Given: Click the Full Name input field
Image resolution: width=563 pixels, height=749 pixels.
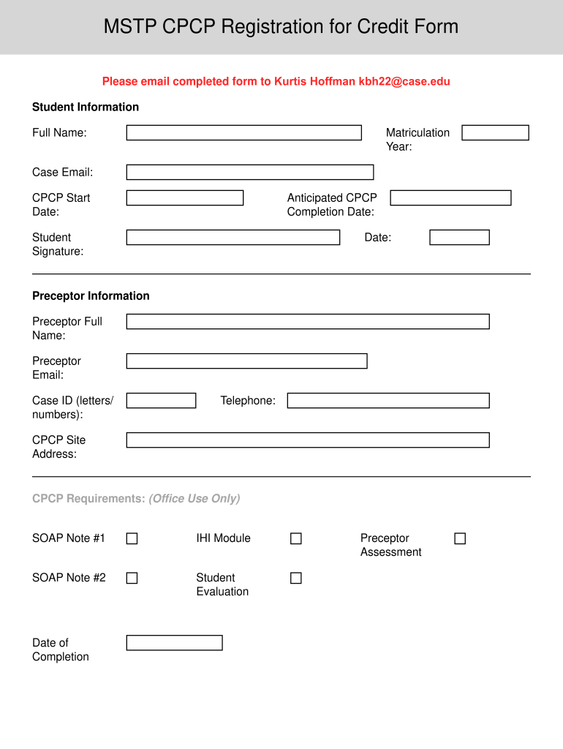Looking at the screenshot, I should point(243,132).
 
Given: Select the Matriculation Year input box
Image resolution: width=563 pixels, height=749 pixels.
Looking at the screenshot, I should point(495,132).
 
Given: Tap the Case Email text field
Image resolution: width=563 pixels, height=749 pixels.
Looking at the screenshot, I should point(249,172).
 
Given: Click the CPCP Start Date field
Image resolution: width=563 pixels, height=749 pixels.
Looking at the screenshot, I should point(184,197).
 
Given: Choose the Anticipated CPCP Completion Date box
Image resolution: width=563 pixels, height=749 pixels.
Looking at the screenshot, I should point(450,197).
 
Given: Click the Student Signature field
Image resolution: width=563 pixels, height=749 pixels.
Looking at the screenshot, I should point(233,237).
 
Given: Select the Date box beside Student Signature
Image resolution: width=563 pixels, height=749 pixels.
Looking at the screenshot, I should point(459,237).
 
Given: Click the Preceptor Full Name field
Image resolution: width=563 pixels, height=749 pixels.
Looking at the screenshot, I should point(307,321).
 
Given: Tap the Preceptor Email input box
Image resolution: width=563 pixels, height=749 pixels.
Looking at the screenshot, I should point(246,361).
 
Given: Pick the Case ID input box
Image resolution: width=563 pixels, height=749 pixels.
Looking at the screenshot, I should point(161,400).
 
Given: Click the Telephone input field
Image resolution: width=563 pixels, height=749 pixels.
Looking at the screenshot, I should point(388,400).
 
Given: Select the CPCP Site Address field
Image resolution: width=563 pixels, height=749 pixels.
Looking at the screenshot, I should point(307,440).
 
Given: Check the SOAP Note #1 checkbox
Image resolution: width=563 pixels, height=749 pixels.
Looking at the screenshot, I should point(132,538).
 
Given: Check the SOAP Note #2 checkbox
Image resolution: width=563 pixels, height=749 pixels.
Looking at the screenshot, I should point(132,578).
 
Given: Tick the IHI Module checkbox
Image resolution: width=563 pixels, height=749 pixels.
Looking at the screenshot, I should point(295,538).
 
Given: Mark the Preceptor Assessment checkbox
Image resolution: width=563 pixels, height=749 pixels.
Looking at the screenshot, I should point(460,538).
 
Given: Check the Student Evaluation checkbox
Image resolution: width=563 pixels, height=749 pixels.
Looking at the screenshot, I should point(295,578).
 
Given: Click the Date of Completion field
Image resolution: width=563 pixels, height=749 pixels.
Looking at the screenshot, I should point(174,642).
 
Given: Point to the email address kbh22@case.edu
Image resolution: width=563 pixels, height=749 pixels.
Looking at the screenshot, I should point(404,81).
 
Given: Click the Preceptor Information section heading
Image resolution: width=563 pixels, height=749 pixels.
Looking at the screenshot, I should point(91,296).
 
